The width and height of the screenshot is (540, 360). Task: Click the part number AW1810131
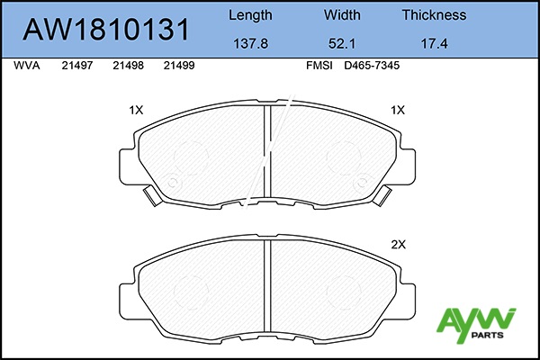(105, 30)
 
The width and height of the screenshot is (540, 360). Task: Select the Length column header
(250, 15)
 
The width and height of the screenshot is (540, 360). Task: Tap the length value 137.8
(251, 44)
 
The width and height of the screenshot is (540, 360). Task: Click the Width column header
(342, 14)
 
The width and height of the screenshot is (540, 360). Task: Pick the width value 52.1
(342, 44)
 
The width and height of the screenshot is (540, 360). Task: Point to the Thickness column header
(435, 14)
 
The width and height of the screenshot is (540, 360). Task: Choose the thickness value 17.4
(435, 44)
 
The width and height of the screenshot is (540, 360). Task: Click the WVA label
(27, 66)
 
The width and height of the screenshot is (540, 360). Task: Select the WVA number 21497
(77, 66)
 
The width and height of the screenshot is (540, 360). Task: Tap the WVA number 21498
(128, 66)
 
